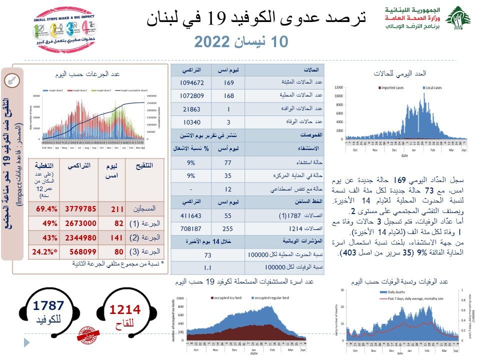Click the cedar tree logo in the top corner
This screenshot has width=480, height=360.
coord(457,18)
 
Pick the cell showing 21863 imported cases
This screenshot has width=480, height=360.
coord(191,108)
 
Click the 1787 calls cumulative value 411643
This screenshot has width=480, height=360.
coord(191,215)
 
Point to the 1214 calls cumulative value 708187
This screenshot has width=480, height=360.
coord(191,229)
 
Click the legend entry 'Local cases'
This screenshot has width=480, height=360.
coord(434,87)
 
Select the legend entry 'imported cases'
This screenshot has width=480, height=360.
coord(391,87)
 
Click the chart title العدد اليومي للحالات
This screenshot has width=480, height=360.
coord(399,73)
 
